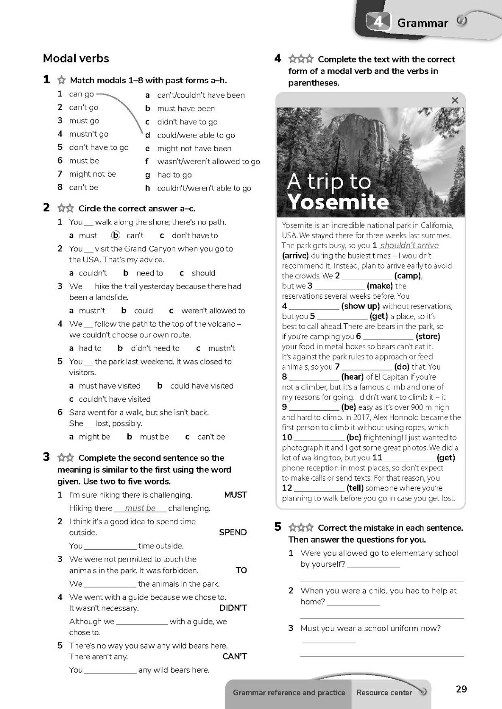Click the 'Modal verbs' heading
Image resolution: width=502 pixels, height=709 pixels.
[76, 58]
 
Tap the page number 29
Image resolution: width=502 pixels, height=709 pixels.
[461, 689]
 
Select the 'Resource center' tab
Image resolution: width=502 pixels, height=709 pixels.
[384, 692]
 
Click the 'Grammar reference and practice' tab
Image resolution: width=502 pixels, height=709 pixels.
[289, 692]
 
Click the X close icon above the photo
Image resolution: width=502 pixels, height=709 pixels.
[455, 100]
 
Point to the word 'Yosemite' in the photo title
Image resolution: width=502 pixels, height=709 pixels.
[338, 202]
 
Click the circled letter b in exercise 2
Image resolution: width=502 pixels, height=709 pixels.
[115, 235]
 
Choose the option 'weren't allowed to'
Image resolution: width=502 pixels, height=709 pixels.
[213, 311]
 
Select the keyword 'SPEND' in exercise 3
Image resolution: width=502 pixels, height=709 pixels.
[233, 532]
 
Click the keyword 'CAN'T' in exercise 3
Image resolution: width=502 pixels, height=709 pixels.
[235, 656]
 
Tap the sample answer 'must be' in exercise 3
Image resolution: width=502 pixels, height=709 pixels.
[141, 508]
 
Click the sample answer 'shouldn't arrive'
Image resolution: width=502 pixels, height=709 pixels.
[409, 245]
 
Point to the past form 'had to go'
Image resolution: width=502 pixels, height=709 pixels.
[175, 175]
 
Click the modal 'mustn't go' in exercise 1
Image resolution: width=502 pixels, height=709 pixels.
[88, 134]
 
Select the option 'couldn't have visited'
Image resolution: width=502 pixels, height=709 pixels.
[114, 399]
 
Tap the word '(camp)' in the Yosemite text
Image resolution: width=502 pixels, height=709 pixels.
[408, 276]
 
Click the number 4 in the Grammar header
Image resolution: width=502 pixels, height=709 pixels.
[379, 22]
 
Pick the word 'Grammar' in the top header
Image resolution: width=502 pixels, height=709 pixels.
[423, 23]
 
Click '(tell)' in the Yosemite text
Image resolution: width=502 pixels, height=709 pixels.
[355, 488]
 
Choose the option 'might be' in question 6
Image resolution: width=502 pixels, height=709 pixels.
[95, 437]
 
